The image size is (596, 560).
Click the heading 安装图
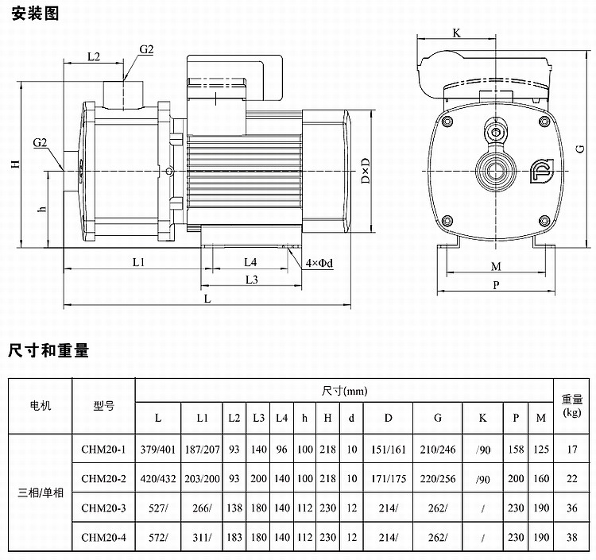(x=35, y=14)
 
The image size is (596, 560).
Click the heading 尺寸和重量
(x=48, y=350)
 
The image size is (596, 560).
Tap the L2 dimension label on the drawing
(x=94, y=56)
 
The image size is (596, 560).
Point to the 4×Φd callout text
(x=319, y=263)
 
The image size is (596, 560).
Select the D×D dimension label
(x=366, y=171)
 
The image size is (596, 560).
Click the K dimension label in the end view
(x=456, y=33)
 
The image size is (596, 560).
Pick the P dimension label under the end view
(x=496, y=285)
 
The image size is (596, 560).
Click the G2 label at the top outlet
(x=146, y=49)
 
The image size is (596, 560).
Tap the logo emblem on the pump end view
(x=542, y=171)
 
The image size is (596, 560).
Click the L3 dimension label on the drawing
(x=252, y=280)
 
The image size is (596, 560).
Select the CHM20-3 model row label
(x=103, y=508)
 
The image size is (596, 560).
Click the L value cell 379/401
(x=158, y=450)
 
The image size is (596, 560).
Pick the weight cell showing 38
(x=572, y=537)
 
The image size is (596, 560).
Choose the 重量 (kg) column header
(x=572, y=405)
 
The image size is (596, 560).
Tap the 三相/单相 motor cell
(x=41, y=492)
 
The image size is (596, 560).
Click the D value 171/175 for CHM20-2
(x=389, y=479)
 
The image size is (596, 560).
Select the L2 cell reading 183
(x=234, y=537)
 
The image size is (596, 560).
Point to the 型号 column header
(x=104, y=406)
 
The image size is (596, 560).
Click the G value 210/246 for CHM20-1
(x=438, y=450)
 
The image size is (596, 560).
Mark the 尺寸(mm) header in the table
(x=344, y=391)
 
